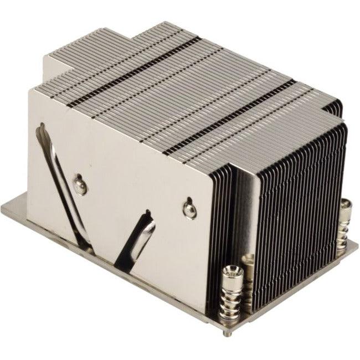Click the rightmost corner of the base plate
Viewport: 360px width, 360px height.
(x=357, y=244)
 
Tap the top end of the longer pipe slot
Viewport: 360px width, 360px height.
(x=40, y=128)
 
